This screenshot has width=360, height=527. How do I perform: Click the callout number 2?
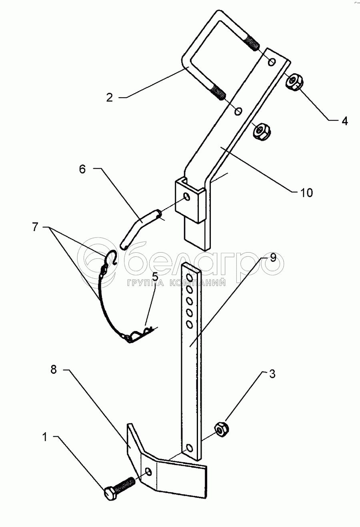[x=110, y=98]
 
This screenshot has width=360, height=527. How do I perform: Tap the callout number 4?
[x=344, y=121]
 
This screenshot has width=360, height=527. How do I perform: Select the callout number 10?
[x=306, y=193]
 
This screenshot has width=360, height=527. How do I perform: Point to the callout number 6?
[x=82, y=170]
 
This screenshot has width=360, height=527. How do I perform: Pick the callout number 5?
[x=155, y=277]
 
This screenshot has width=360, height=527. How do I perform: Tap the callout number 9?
[x=273, y=258]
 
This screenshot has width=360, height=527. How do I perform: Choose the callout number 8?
[x=54, y=369]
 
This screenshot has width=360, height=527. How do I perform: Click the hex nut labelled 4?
[x=294, y=82]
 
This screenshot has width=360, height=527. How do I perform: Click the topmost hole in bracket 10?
[x=272, y=62]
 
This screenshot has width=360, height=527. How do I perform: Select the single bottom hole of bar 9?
[x=189, y=448]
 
